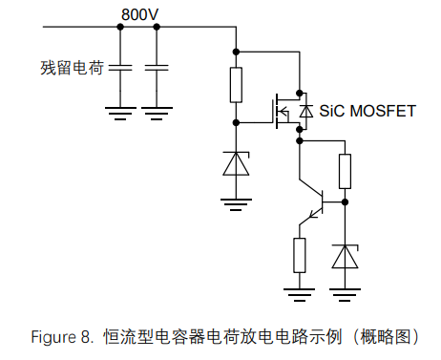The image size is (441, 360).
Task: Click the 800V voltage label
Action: pos(139,14)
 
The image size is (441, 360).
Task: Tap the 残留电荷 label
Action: pos(72,68)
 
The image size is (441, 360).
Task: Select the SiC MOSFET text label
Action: pos(367,111)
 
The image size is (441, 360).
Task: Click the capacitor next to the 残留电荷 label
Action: pos(120,68)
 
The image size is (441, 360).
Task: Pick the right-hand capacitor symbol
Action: pos(157,68)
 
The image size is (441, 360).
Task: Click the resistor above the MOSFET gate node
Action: pos(236,85)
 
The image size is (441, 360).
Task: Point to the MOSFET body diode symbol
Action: pos(306,111)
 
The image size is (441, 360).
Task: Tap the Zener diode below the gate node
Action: pos(236,163)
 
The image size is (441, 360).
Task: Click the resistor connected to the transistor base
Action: pos(345,171)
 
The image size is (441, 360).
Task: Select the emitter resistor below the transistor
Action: pos(300,255)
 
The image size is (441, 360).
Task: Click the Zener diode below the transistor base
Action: pos(345,256)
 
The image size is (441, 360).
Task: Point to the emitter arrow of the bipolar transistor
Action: pos(313,214)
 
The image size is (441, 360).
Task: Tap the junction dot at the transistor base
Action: pos(345,201)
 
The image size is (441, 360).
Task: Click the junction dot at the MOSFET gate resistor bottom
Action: pos(236,122)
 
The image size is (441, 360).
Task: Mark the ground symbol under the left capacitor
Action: pos(120,114)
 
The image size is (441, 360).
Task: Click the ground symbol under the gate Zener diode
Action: pos(236,204)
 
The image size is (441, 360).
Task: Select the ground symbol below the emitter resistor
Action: pos(300,295)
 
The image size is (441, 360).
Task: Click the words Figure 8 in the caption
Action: pos(62,337)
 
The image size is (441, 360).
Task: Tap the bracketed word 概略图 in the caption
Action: pos(386,337)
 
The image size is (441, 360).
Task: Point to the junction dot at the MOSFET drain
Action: pos(300,93)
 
